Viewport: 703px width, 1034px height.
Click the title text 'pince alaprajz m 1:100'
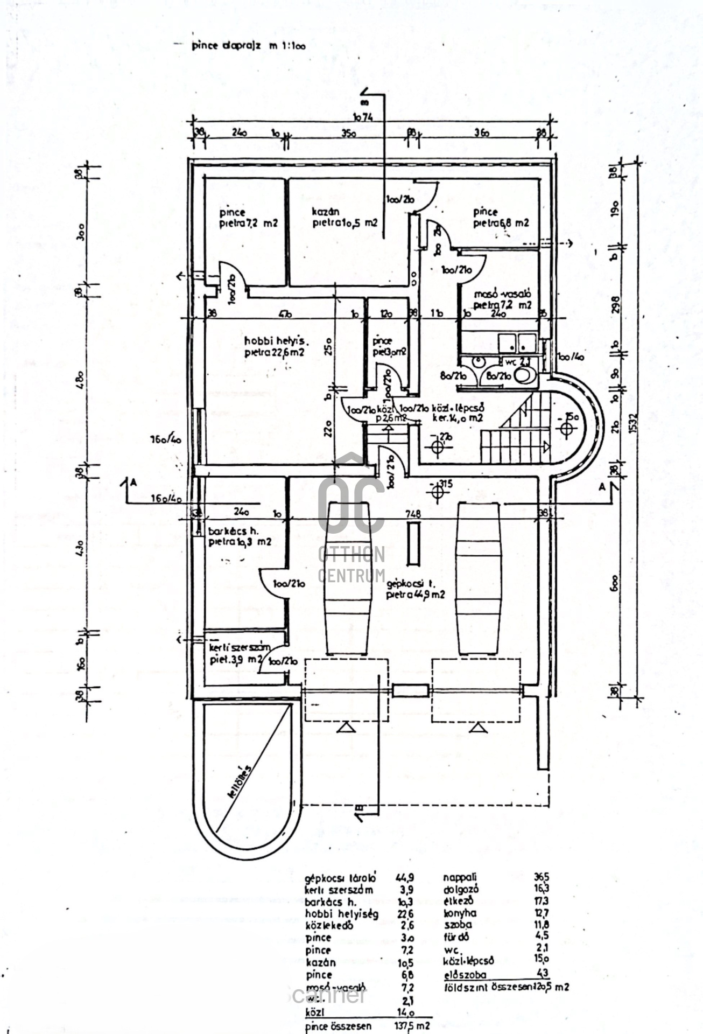pos(248,46)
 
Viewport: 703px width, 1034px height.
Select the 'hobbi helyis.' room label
pos(275,341)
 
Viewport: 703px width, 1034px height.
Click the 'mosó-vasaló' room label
pos(502,294)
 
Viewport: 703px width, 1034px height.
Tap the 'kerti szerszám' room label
pos(240,647)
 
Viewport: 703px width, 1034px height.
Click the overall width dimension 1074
pos(363,117)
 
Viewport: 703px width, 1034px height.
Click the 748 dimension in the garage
pos(413,514)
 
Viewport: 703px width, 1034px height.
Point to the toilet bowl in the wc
pos(524,375)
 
